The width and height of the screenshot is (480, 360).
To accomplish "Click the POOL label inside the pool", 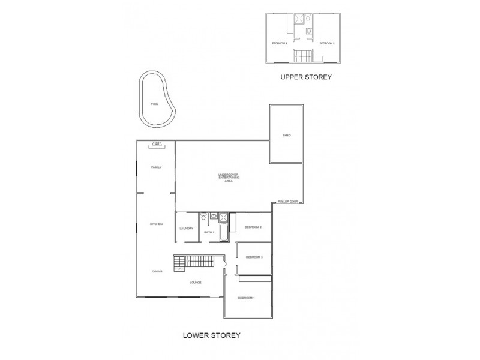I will (x=155, y=104).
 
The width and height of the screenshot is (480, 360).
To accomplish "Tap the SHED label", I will (x=287, y=136).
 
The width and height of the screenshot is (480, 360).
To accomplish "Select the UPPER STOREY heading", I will (x=306, y=77).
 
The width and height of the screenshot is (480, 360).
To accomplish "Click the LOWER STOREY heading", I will (x=211, y=335).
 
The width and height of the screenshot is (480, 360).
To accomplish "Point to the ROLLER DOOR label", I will (x=288, y=202).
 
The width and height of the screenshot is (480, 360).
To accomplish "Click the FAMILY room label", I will (x=156, y=167).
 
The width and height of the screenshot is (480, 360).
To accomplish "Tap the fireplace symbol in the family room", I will (x=156, y=143).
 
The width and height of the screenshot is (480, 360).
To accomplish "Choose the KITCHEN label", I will (x=156, y=224).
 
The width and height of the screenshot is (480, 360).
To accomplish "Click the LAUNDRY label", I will (x=185, y=228).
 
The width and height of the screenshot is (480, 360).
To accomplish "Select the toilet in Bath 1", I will (x=204, y=218).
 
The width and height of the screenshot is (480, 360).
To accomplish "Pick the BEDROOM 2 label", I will (x=253, y=227).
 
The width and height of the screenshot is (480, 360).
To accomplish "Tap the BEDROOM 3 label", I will (x=255, y=257).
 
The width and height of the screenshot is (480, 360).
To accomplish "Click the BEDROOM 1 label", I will (x=247, y=298).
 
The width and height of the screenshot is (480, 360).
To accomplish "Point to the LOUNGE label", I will (x=196, y=282).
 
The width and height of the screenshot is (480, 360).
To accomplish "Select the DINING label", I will (x=157, y=272).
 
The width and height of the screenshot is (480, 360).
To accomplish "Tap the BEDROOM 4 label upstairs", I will (x=280, y=43).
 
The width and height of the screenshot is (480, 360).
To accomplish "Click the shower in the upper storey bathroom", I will (x=298, y=19).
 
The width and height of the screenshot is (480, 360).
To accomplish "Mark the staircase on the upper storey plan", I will (x=303, y=56).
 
